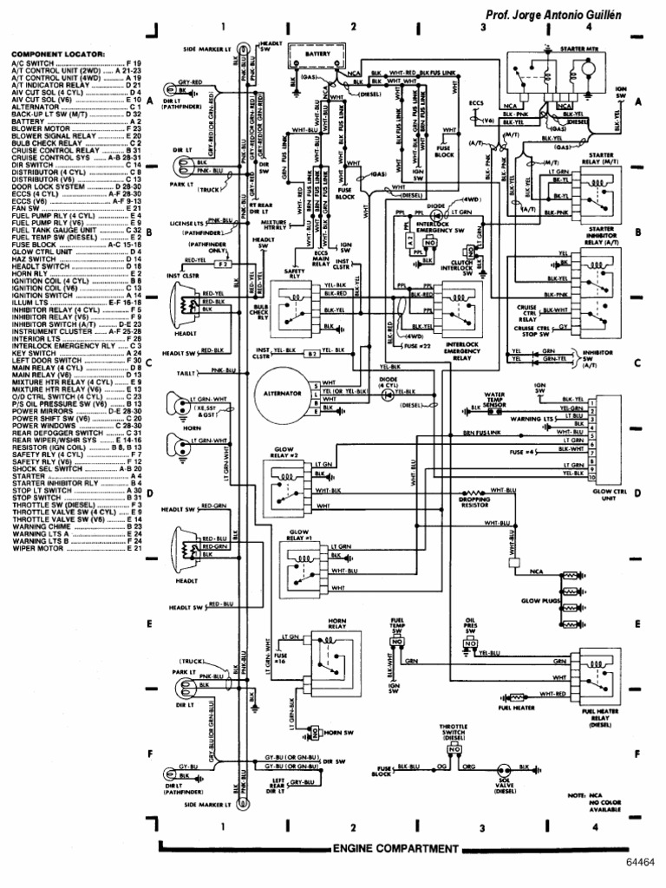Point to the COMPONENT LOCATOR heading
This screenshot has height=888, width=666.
(x=58, y=54)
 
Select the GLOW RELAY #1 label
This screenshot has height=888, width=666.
(x=298, y=532)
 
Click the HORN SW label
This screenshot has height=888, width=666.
(x=337, y=733)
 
